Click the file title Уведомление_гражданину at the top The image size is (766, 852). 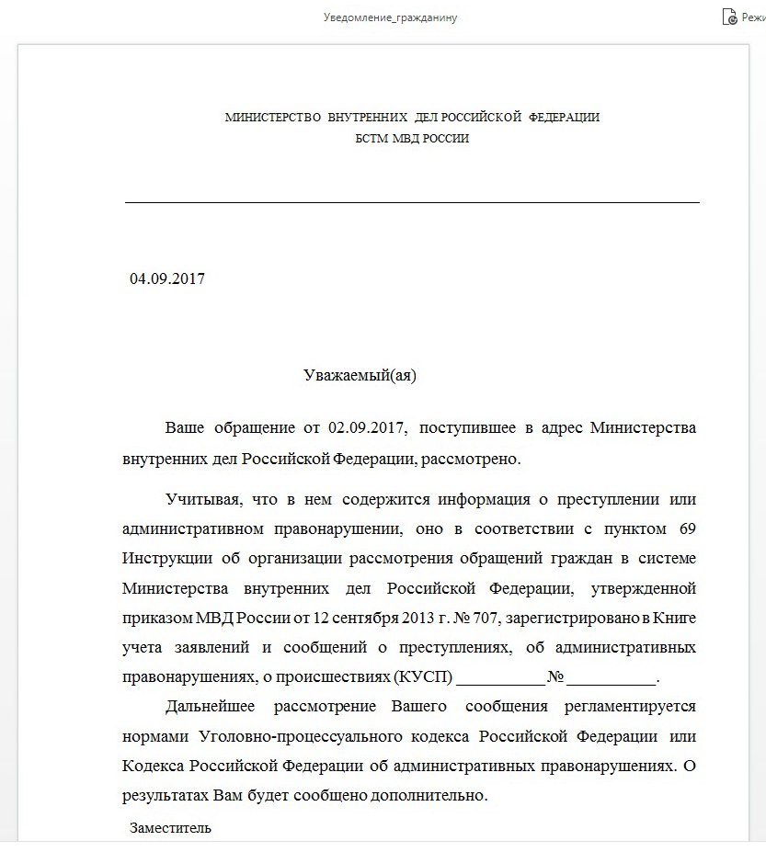tap(390, 17)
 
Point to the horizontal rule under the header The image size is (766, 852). tap(412, 201)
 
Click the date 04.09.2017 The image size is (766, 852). tap(167, 278)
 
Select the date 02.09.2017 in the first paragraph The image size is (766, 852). tap(366, 428)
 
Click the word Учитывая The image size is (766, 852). tap(202, 500)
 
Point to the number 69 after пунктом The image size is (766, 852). tap(687, 529)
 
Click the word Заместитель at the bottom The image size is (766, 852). tap(170, 827)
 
